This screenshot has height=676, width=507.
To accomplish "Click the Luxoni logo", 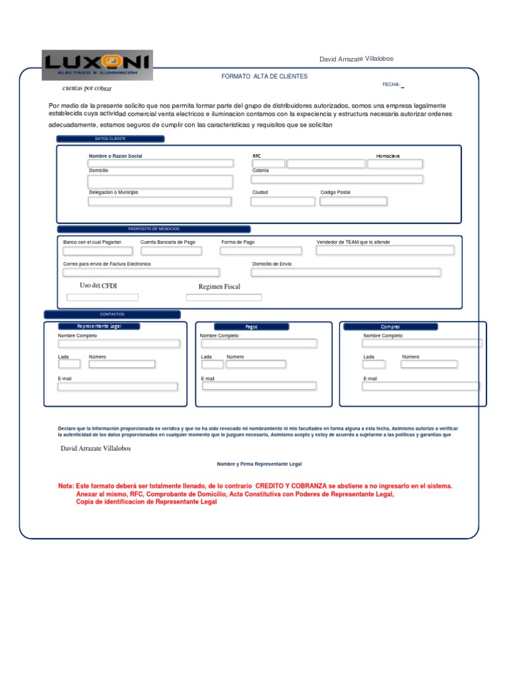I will pos(97,65).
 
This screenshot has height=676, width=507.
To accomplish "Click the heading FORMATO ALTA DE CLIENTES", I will pos(264,77).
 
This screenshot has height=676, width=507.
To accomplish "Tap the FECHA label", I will pos(391,84).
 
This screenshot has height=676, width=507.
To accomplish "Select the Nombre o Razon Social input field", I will pos(161,163).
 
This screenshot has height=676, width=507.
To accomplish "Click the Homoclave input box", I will pos(395,163).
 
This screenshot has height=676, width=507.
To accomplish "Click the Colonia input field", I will pos(337,179).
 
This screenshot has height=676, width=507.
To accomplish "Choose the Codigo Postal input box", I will pos(353,201).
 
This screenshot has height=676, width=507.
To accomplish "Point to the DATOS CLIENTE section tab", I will pos(110,139).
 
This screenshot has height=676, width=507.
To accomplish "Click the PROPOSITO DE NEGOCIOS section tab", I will pos(154,229).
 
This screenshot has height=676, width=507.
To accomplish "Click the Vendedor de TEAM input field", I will pos(385,250).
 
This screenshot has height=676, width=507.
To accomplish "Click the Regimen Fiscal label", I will pos(219,287).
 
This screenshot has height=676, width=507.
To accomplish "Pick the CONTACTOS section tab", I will pos(112,314).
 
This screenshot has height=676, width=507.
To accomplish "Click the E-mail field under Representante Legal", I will pos(118,387).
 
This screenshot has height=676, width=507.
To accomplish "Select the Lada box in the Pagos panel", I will pos(212,364).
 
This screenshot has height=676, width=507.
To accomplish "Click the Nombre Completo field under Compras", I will pos(422,343).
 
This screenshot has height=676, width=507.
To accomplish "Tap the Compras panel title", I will pos(390,327).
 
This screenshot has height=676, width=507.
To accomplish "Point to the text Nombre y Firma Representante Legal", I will pos(259,464).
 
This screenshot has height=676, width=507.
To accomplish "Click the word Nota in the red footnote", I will pos(65,486).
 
